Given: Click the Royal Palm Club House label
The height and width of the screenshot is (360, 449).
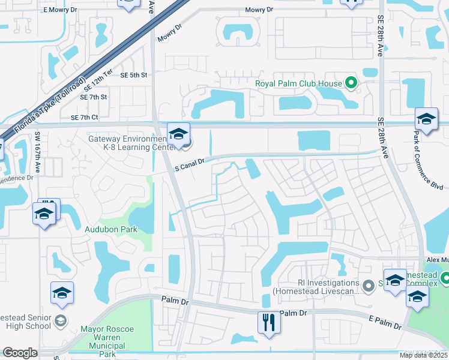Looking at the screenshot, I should tap(298, 84).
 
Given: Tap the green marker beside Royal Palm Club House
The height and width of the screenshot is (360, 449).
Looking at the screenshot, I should tap(352, 84).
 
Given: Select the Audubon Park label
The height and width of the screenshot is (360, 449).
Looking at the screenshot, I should tap(112, 229).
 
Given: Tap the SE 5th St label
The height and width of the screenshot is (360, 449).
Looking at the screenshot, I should tap(134, 75).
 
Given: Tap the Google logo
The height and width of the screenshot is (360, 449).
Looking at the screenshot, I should tap(20, 353).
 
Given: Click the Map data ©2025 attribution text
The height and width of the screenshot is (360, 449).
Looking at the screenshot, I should tap(424, 355).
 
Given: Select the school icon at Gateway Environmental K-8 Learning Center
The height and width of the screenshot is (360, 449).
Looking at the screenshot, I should tap(178, 134).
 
